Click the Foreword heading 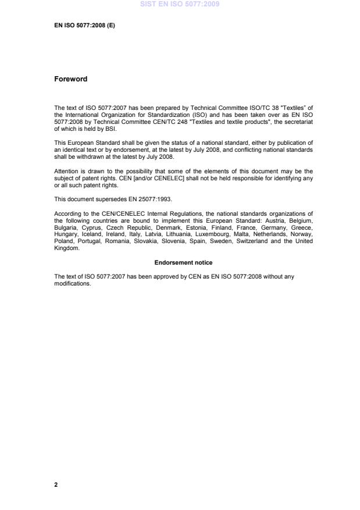[x=70, y=79]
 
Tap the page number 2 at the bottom [x=56, y=484]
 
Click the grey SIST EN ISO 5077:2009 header [x=180, y=4]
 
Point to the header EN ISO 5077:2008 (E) [x=84, y=26]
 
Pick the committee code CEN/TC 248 [x=159, y=124]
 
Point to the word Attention [x=66, y=171]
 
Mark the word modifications [x=72, y=284]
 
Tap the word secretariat [x=297, y=124]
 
